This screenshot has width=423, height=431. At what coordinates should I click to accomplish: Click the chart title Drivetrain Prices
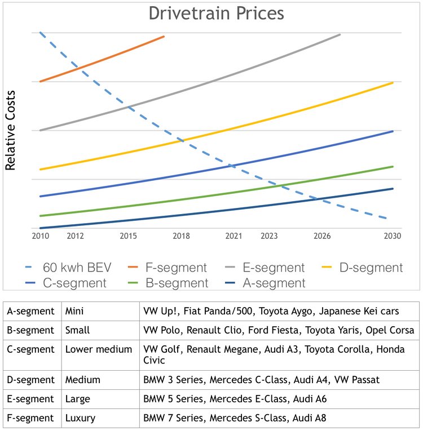coord(216,13)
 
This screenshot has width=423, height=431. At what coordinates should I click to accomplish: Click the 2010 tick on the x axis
coord(40,236)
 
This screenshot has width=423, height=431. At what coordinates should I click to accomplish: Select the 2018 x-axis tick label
coord(181,236)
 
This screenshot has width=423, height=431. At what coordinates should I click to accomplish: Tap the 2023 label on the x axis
coord(269,236)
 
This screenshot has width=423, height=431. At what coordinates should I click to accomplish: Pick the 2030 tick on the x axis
coord(392,236)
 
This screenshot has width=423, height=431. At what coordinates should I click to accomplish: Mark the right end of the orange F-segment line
coord(164,37)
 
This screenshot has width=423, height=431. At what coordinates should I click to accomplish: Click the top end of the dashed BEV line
coord(40,33)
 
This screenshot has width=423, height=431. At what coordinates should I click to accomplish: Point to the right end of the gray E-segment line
coord(340,34)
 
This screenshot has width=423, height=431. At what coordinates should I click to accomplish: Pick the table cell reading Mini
coord(76,310)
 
